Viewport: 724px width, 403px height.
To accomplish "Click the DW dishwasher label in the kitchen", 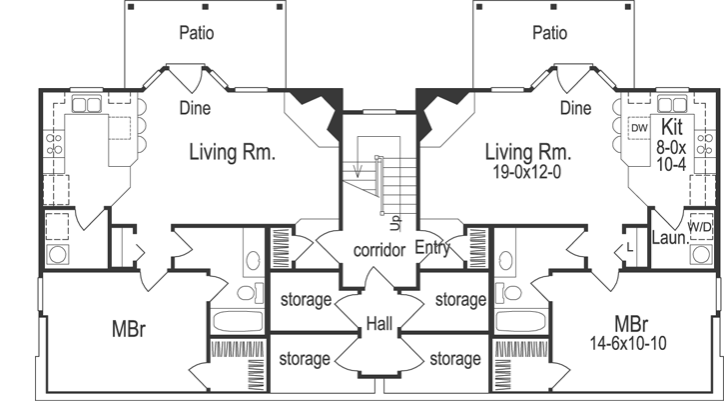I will point(640,127).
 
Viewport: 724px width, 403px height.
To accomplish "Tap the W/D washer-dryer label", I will point(700,227).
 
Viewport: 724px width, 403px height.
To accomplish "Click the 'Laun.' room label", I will point(666,240).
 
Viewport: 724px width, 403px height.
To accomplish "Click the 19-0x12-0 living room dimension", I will point(528,172).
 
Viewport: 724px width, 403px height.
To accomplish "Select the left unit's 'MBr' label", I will point(129,329).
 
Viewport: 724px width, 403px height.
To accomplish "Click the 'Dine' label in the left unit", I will point(196,107).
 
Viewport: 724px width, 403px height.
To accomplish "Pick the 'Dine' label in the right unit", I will point(576,107).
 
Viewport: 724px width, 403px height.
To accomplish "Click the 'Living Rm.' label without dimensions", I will point(232,152).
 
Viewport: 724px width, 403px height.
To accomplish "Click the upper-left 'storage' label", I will point(304,299).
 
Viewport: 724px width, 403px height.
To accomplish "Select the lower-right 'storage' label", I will point(455,357).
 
